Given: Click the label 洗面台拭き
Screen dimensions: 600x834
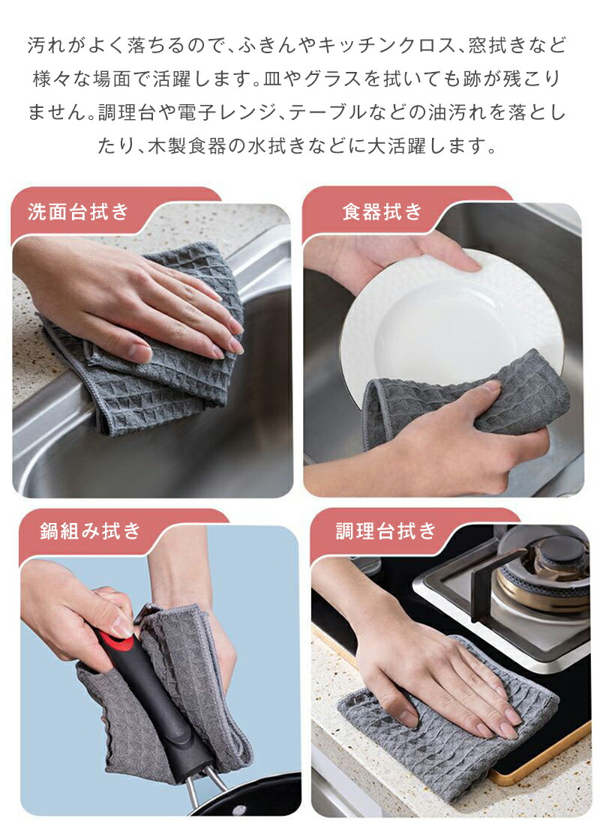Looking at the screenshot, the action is (x=78, y=212).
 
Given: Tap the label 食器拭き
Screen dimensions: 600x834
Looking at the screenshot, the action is (x=382, y=212).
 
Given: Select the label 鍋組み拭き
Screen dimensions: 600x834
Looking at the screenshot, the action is (x=90, y=531).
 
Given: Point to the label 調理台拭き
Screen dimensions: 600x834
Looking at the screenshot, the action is (x=386, y=531).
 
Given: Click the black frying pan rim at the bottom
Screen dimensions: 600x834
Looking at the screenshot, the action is (x=250, y=798).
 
